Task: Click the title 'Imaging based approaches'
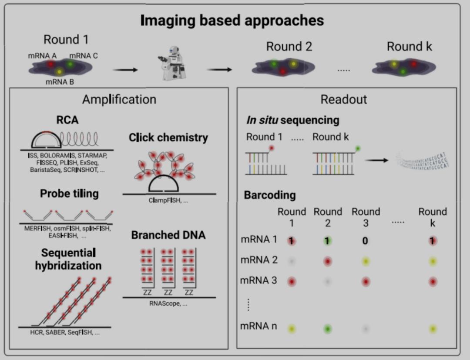click(x=232, y=20)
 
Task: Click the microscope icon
click(x=172, y=63)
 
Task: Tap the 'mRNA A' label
click(x=42, y=56)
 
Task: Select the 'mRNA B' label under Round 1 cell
click(x=60, y=81)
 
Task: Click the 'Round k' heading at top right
click(x=409, y=47)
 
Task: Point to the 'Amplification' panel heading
click(x=119, y=99)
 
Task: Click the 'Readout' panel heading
click(x=344, y=99)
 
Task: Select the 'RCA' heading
click(x=67, y=120)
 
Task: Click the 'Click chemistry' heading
click(x=168, y=138)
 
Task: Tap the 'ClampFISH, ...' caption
click(x=168, y=201)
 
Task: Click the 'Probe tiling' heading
click(x=69, y=193)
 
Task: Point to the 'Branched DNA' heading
click(x=168, y=235)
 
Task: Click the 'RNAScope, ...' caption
click(x=168, y=304)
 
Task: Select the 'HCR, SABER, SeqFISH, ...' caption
click(x=65, y=333)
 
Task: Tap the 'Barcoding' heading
click(x=270, y=195)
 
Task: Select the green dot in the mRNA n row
click(x=328, y=329)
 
